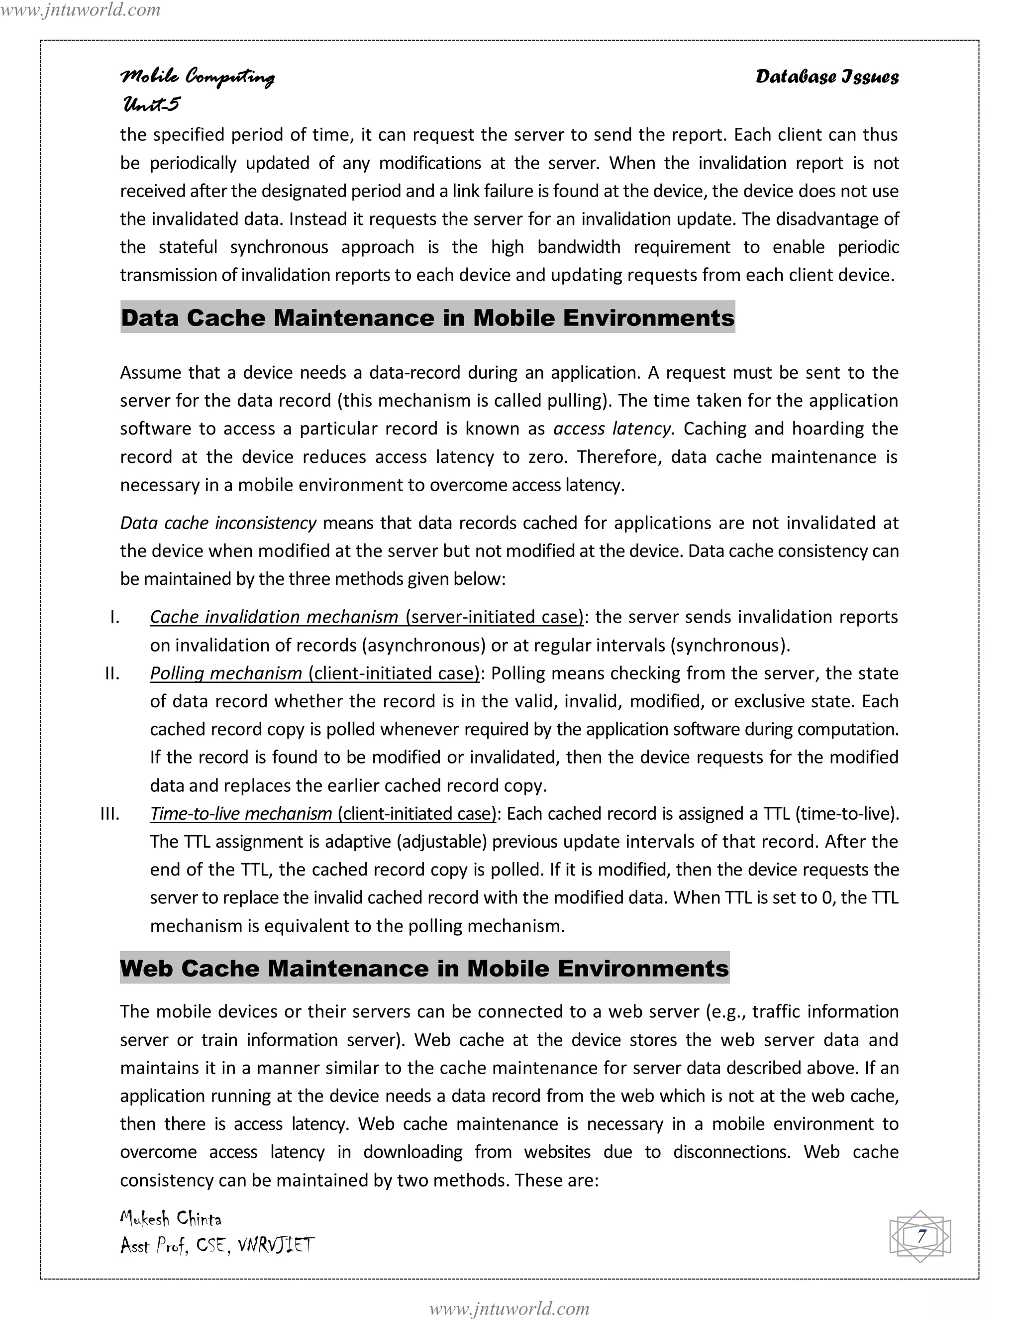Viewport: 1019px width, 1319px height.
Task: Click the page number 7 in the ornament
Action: tap(920, 1236)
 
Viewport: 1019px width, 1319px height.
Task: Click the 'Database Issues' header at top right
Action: tap(826, 77)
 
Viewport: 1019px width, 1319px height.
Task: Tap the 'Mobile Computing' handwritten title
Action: tap(198, 77)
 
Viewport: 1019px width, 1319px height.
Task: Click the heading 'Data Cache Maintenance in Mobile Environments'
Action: tap(427, 318)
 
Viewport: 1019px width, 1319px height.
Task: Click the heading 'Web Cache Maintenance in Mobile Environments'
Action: tap(424, 968)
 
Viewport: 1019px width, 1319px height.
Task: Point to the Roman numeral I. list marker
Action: tap(115, 617)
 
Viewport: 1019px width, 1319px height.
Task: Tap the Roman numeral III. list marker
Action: tap(110, 813)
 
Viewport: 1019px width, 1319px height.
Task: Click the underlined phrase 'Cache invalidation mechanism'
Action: tap(274, 617)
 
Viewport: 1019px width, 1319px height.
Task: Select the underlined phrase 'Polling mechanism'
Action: tap(226, 673)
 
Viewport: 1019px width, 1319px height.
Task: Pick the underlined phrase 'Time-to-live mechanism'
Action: tap(241, 813)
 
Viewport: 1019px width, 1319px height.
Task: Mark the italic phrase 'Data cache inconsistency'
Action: tap(218, 523)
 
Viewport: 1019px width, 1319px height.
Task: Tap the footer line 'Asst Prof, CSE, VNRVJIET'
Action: tap(217, 1245)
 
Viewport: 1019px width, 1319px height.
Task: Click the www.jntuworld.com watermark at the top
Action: tap(80, 9)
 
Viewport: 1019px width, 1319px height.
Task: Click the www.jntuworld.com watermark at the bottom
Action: tap(509, 1308)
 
